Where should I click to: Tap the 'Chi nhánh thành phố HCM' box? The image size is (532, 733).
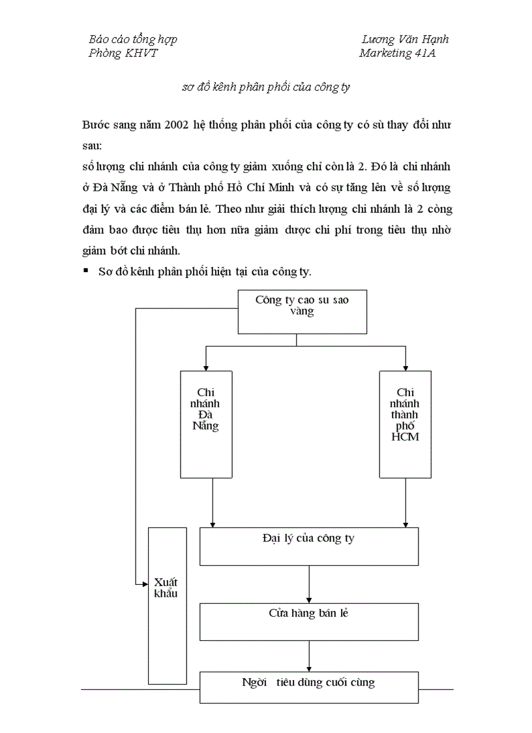405,424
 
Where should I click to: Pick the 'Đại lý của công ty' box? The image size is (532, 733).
308,546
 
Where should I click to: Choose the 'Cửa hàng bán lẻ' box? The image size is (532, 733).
308,621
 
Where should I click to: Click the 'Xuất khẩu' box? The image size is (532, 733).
167,604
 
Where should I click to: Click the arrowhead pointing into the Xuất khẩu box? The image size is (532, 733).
145,585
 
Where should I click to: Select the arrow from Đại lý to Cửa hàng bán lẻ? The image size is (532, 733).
309,584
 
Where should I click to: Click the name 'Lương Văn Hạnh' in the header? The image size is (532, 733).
405,39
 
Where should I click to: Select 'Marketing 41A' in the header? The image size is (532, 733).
397,54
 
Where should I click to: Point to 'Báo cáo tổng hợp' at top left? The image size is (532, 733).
133,39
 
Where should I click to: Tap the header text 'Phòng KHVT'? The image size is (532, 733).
123,54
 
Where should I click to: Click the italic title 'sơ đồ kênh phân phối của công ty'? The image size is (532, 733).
266,87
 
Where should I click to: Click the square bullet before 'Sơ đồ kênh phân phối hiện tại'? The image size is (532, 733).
85,270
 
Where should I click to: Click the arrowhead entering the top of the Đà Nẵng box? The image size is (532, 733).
205,367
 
